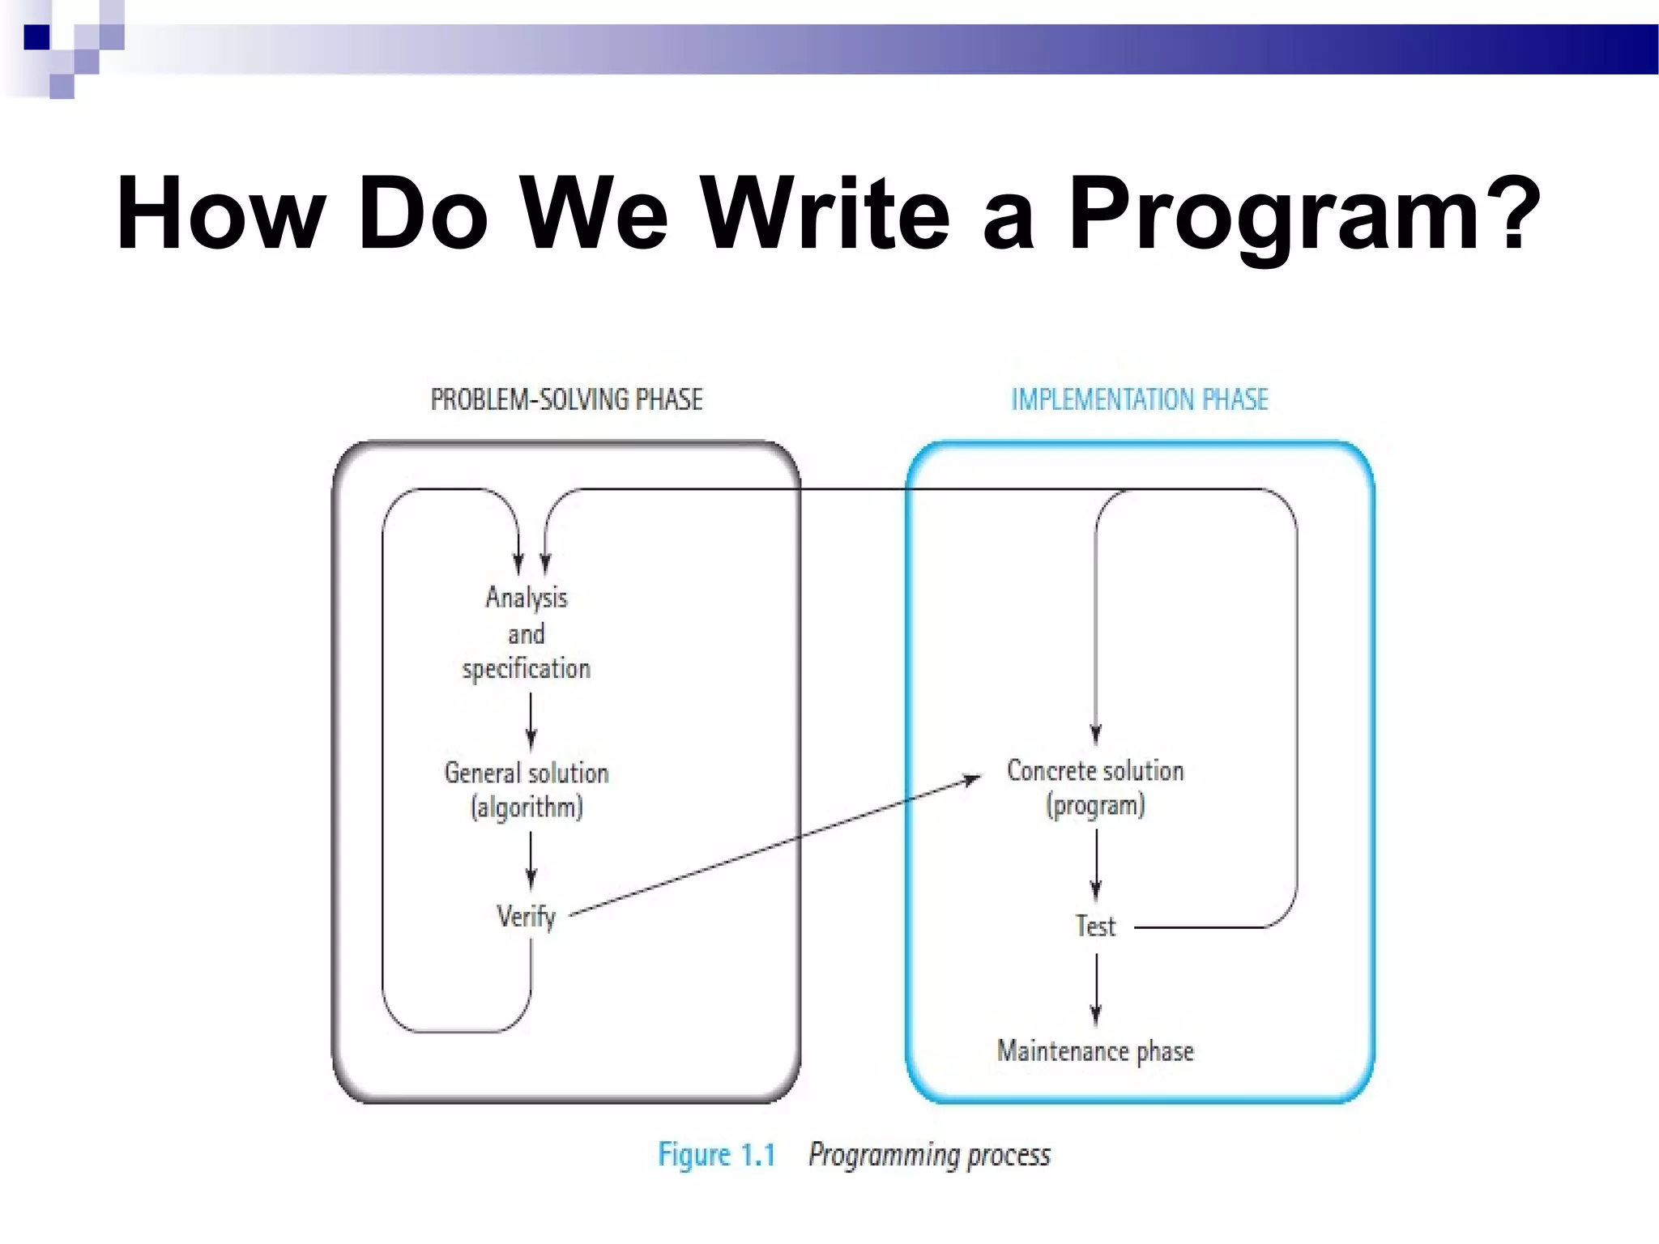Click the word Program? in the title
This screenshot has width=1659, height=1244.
pyautogui.click(x=1304, y=215)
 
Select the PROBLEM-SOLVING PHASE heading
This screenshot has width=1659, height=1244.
pyautogui.click(x=566, y=399)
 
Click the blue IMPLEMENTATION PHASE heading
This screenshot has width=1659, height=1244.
pyautogui.click(x=1139, y=399)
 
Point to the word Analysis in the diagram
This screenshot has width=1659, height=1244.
pyautogui.click(x=527, y=598)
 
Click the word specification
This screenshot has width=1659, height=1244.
pyautogui.click(x=527, y=669)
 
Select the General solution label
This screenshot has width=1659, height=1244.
pyautogui.click(x=527, y=773)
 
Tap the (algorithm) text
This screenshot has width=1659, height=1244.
pyautogui.click(x=527, y=807)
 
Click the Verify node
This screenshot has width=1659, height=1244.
pyautogui.click(x=527, y=917)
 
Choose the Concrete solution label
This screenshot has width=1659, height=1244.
pyautogui.click(x=1095, y=770)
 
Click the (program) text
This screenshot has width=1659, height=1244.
pyautogui.click(x=1095, y=806)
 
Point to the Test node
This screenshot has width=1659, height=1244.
pyautogui.click(x=1095, y=926)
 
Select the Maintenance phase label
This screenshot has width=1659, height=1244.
pyautogui.click(x=1095, y=1050)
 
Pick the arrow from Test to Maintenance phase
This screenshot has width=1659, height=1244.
pyautogui.click(x=1096, y=988)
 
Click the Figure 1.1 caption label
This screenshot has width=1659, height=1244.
pyautogui.click(x=716, y=1154)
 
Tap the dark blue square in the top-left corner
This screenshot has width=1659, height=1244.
pyautogui.click(x=36, y=37)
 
